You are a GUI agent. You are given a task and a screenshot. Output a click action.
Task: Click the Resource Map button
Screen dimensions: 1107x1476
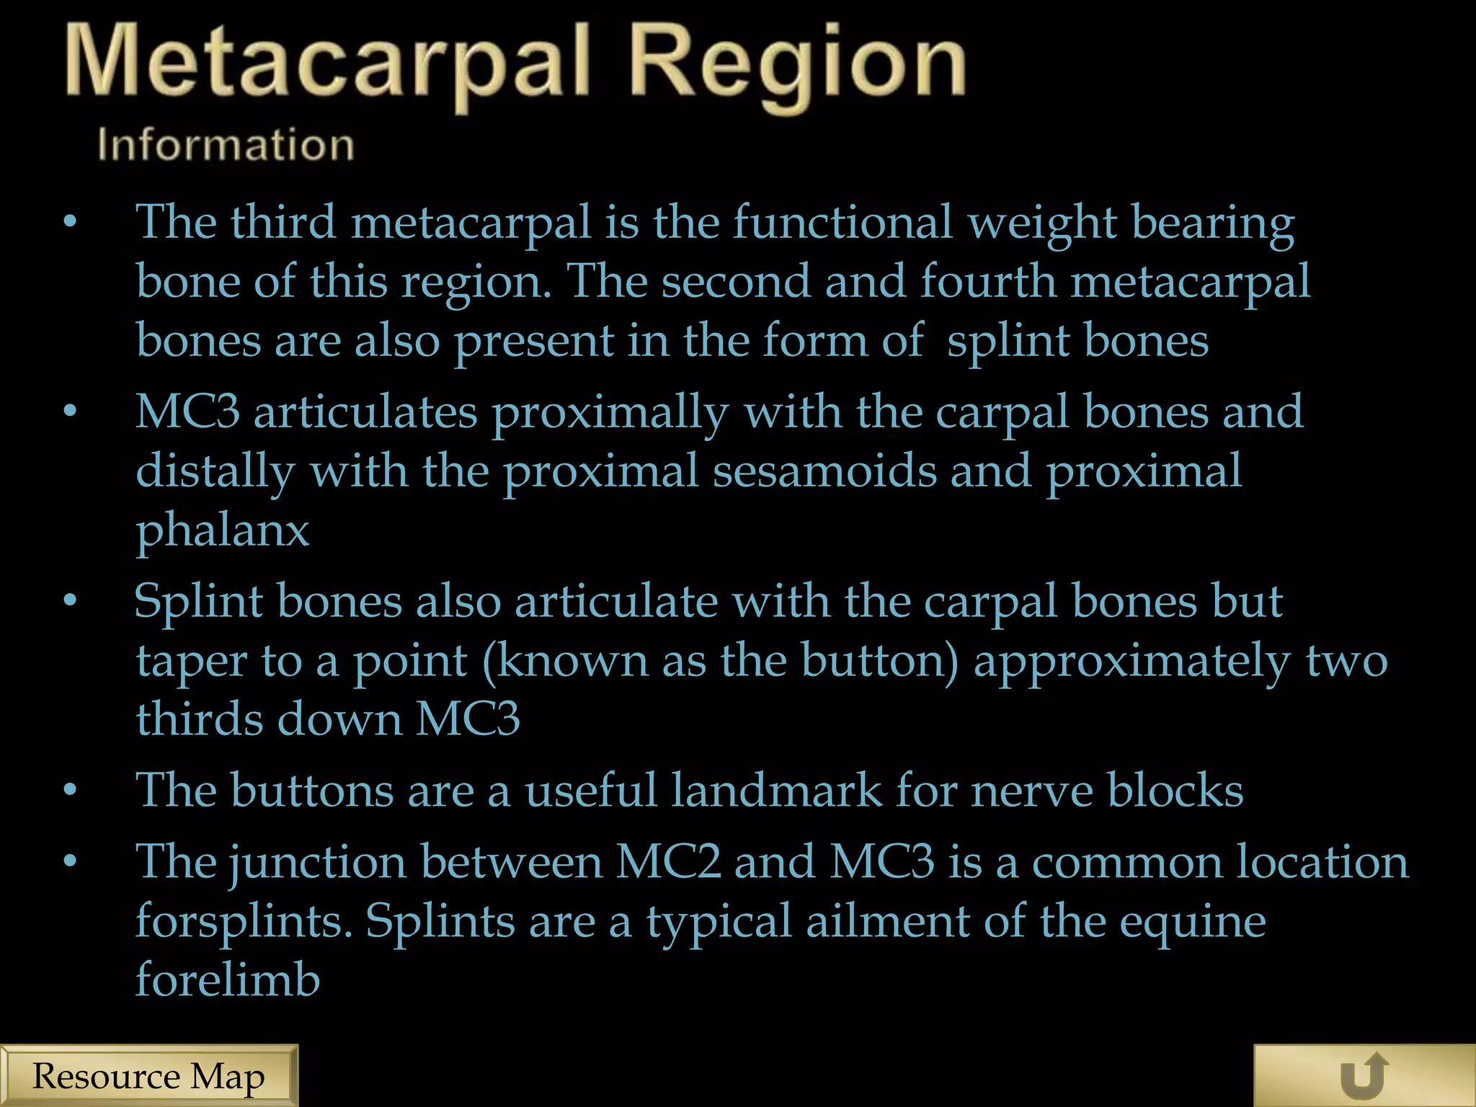[x=148, y=1076]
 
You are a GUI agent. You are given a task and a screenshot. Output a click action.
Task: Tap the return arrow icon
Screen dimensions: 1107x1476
[x=1364, y=1076]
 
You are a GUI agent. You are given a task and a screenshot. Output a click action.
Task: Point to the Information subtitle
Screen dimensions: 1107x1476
[x=226, y=144]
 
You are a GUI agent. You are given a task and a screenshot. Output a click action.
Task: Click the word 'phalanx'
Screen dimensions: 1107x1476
[x=223, y=532]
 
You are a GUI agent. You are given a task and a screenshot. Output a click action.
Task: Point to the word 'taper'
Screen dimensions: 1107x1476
[x=191, y=662]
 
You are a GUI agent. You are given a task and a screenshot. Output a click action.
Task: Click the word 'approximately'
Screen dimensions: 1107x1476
[x=1132, y=662]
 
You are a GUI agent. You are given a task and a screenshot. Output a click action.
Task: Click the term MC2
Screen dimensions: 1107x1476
[x=668, y=861]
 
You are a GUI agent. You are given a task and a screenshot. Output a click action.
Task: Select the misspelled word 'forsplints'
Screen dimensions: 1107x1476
[x=244, y=922]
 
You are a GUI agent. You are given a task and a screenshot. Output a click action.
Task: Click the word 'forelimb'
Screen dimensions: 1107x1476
[x=228, y=979]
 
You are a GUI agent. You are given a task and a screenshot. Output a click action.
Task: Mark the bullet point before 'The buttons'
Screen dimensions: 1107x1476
[x=70, y=791]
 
